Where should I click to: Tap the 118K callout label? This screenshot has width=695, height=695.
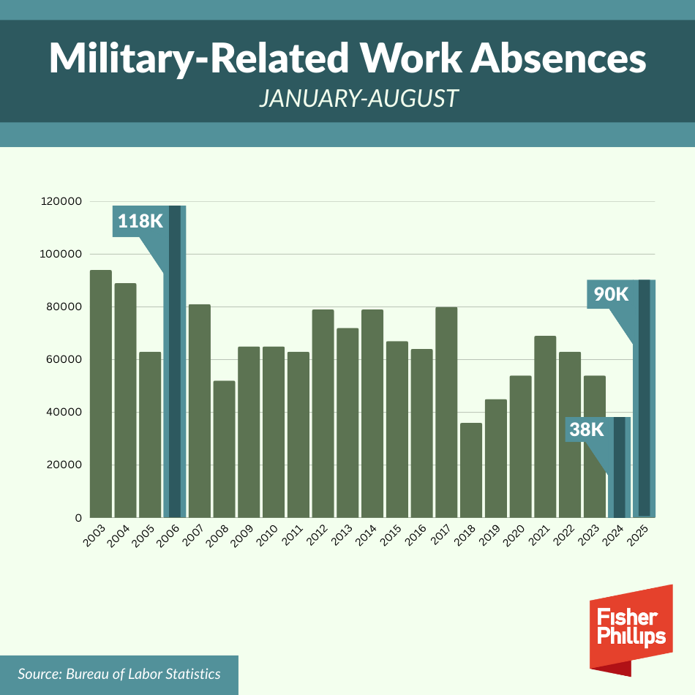point(140,221)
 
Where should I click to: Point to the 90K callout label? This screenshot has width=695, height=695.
point(611,294)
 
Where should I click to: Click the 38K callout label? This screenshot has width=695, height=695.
point(586,429)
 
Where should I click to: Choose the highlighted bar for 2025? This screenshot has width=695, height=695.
point(644,399)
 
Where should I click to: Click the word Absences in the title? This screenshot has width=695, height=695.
point(557,59)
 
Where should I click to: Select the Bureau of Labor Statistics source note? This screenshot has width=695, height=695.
point(119,674)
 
